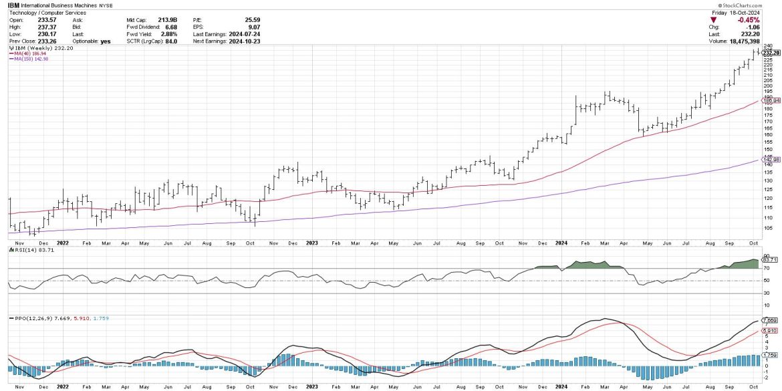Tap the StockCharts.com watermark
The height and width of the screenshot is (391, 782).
click(755, 5)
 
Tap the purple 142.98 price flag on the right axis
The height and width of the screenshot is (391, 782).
click(772, 160)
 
